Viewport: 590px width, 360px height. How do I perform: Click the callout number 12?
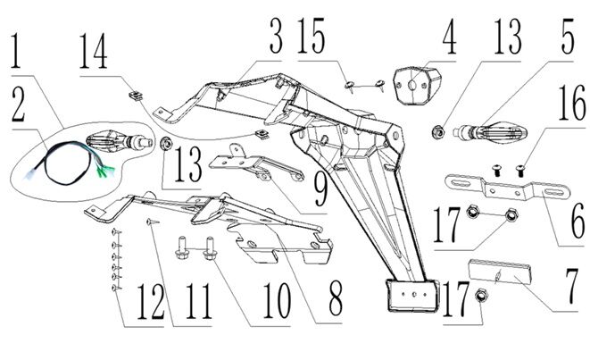pyautogui.click(x=151, y=304)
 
